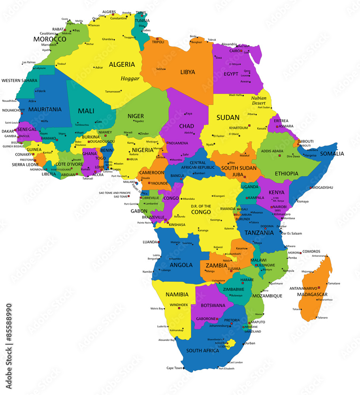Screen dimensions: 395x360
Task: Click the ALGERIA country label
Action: tap(122, 64)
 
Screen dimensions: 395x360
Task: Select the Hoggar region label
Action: tap(130, 79)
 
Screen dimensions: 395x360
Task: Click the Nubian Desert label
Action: tap(258, 100)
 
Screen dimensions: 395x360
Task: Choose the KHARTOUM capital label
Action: tap(239, 128)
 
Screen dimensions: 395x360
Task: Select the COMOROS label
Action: tap(312, 252)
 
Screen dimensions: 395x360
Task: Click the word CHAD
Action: tap(187, 126)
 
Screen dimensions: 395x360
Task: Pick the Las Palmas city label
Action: tap(28, 62)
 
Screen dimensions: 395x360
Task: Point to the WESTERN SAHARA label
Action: tap(19, 81)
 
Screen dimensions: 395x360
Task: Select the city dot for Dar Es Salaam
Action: tap(281, 232)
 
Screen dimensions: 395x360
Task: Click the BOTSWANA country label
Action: tap(213, 305)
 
